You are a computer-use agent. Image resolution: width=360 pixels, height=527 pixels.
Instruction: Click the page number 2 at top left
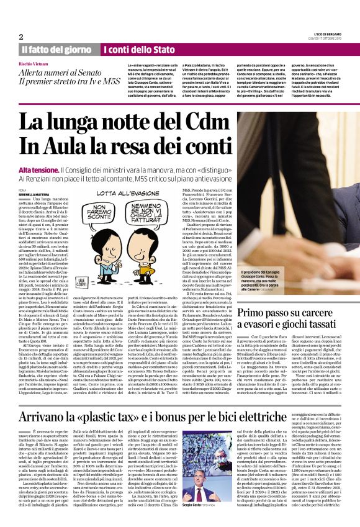click(21, 36)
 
